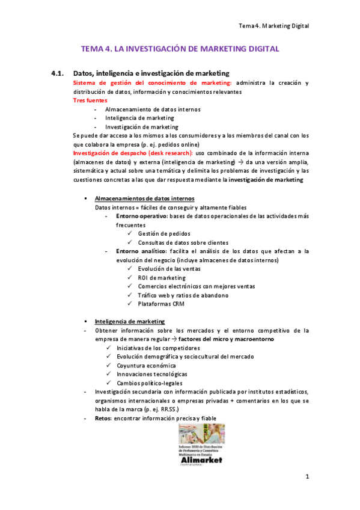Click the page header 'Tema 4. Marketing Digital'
pos(273,26)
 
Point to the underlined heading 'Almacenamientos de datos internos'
pos(144,198)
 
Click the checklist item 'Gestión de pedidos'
pos(165,233)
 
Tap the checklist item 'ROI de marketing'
pos(162,278)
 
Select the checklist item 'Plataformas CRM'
pos(161,304)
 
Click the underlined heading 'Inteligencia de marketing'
pos(130,321)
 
